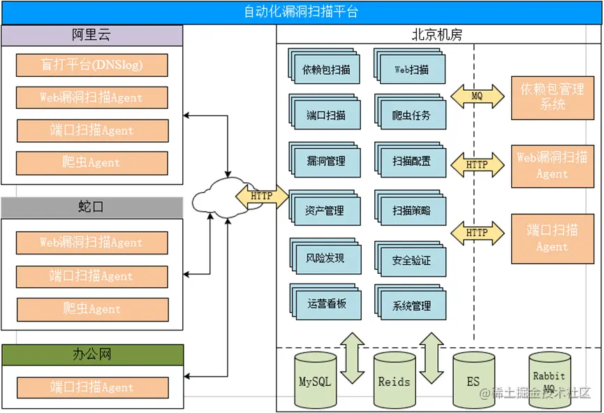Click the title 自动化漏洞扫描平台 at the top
point(302,12)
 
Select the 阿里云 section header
point(91,36)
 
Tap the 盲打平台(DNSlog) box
point(91,65)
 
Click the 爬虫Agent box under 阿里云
point(91,163)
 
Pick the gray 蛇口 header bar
point(91,208)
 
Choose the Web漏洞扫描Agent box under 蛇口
point(91,242)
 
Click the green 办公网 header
point(92,354)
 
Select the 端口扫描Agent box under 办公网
point(91,387)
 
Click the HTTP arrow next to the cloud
point(262,196)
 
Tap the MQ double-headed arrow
point(477,96)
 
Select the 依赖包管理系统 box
point(552,97)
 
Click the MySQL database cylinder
point(315,381)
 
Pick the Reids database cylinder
point(395,381)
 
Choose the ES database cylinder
point(473,381)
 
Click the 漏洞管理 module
point(325,161)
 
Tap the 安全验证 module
point(411,261)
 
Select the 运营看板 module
point(325,304)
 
